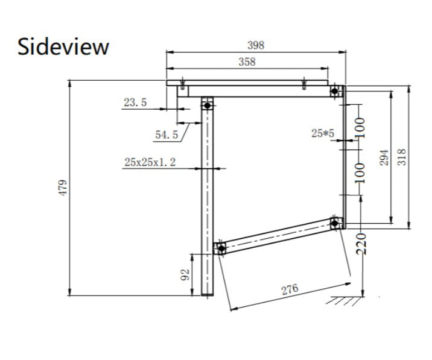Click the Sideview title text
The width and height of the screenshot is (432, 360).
point(63,47)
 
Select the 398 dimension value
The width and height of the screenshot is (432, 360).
point(256,45)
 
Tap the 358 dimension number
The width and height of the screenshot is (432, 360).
point(247,62)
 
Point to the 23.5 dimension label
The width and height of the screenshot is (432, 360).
point(135,103)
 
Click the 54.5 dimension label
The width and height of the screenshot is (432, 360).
point(167,134)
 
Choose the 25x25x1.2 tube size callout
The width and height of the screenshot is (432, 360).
point(150,162)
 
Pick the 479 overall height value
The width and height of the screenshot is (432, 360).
point(63,188)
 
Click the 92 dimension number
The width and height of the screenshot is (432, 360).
point(185,274)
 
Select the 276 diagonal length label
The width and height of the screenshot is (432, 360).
point(290,289)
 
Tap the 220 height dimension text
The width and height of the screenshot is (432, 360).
point(361,244)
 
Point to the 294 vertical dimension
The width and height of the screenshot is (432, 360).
point(384,157)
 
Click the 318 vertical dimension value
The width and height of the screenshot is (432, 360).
point(402,157)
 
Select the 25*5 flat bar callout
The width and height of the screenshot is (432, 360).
point(323,134)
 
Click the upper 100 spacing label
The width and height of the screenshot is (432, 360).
point(360,127)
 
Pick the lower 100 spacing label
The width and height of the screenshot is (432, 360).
point(360,173)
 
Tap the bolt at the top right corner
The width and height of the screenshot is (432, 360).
point(335,91)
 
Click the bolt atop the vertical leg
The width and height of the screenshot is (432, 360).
point(208,105)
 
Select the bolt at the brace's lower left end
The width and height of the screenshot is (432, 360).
point(221,248)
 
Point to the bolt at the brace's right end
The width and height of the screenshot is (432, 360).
point(335,223)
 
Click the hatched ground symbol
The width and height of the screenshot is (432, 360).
point(344,301)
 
